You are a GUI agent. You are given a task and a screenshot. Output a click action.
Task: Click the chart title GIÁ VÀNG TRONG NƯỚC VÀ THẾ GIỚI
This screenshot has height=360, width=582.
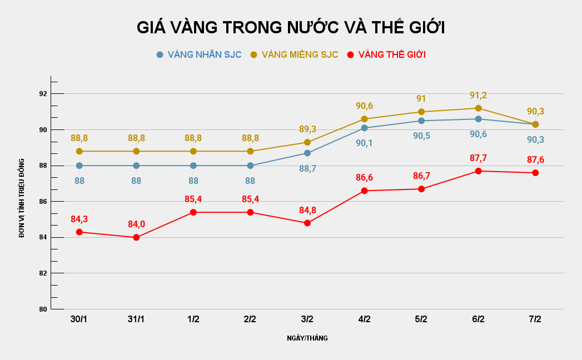(291, 27)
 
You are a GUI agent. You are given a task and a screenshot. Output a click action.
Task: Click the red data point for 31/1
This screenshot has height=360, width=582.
(136, 237)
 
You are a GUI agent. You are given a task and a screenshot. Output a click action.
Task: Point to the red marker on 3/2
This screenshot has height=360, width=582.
(307, 223)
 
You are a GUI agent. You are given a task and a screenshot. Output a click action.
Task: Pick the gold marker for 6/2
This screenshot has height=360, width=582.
(478, 108)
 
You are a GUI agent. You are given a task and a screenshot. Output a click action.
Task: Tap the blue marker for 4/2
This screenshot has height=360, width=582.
(365, 128)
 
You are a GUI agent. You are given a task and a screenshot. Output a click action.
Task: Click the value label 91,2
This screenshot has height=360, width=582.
(478, 96)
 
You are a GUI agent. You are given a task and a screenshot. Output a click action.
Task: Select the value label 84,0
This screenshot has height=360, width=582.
(136, 224)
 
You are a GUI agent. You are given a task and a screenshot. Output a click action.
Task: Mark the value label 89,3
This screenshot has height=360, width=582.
(307, 129)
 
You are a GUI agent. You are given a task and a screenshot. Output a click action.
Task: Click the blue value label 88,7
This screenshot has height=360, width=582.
(307, 168)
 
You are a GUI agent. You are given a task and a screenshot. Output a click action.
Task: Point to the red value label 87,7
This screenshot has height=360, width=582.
(478, 158)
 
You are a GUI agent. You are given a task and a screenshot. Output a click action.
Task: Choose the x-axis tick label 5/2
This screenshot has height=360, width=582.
(421, 319)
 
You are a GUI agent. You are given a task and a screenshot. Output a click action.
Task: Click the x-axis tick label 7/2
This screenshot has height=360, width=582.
(535, 319)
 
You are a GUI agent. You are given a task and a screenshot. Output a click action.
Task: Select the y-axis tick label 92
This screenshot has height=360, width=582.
(43, 94)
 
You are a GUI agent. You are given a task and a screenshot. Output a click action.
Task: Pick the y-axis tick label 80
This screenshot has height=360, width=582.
(43, 309)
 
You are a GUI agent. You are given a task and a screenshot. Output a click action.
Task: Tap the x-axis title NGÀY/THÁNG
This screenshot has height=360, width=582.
(307, 338)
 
